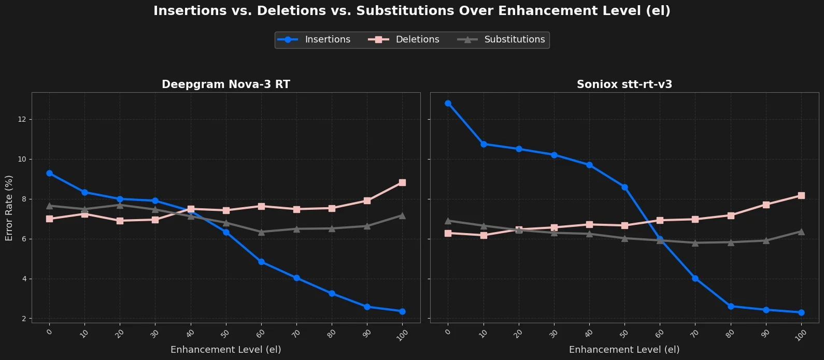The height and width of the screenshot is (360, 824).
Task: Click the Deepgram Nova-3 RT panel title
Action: [225, 84]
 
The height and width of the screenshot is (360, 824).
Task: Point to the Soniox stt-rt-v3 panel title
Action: [624, 84]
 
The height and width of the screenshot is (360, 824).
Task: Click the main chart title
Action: [411, 11]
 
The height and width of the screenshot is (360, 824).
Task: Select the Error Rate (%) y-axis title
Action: [9, 208]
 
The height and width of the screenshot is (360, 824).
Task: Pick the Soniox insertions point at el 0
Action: [448, 103]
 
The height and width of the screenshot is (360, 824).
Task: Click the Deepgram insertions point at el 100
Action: [402, 311]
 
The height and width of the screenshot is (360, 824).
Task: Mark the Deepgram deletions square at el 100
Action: [402, 182]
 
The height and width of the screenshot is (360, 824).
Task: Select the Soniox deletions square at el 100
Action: [801, 195]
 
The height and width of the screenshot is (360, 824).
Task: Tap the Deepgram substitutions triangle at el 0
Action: [49, 206]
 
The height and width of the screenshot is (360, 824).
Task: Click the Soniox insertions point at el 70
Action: [695, 278]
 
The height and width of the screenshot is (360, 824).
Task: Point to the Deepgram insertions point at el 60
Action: [261, 262]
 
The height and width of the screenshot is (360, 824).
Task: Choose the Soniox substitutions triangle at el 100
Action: [801, 232]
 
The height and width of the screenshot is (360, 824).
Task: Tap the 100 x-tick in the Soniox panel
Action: [801, 335]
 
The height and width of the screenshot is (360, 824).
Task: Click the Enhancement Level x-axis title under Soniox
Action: [624, 350]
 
